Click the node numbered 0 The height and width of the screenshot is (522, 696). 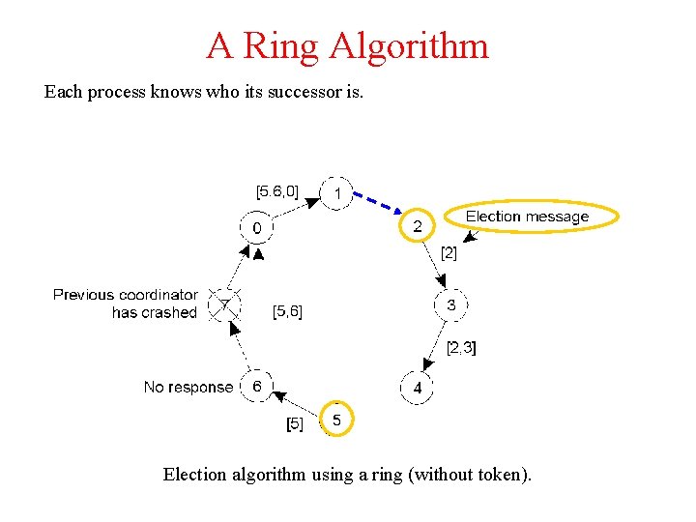pyautogui.click(x=257, y=228)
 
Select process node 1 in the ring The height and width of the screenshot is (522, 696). pyautogui.click(x=336, y=193)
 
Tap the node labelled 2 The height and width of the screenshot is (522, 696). pyautogui.click(x=418, y=226)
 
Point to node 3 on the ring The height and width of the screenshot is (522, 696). pyautogui.click(x=451, y=304)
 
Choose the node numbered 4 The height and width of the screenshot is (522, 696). pyautogui.click(x=417, y=387)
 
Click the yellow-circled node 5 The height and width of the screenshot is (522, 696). pyautogui.click(x=336, y=420)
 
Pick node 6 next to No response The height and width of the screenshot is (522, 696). pyautogui.click(x=256, y=386)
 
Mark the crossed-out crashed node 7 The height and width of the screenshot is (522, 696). pyautogui.click(x=224, y=305)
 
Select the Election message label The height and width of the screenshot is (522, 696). pyautogui.click(x=528, y=217)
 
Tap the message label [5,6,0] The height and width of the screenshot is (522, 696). pyautogui.click(x=276, y=190)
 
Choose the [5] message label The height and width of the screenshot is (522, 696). pyautogui.click(x=295, y=423)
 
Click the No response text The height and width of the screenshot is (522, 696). pyautogui.click(x=188, y=387)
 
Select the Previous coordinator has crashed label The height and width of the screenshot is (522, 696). pyautogui.click(x=126, y=303)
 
